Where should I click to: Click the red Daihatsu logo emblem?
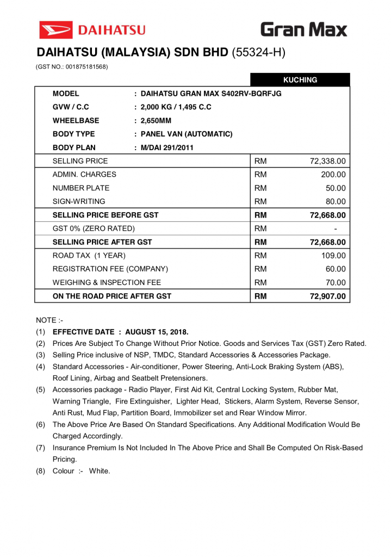click(55, 29)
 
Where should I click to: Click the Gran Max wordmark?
click(303, 29)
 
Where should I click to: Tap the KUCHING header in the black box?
click(300, 80)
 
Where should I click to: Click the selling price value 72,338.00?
click(327, 161)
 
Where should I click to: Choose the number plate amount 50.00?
click(336, 188)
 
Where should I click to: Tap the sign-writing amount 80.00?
click(336, 202)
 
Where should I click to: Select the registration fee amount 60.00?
click(336, 269)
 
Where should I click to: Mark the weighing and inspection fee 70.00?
click(336, 283)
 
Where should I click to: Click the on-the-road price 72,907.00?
click(327, 296)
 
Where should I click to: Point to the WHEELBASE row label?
click(76, 121)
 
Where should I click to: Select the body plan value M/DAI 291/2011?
click(167, 147)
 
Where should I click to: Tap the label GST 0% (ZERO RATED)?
click(94, 228)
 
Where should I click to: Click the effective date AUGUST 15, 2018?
click(157, 332)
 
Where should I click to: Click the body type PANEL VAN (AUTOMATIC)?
click(187, 134)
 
